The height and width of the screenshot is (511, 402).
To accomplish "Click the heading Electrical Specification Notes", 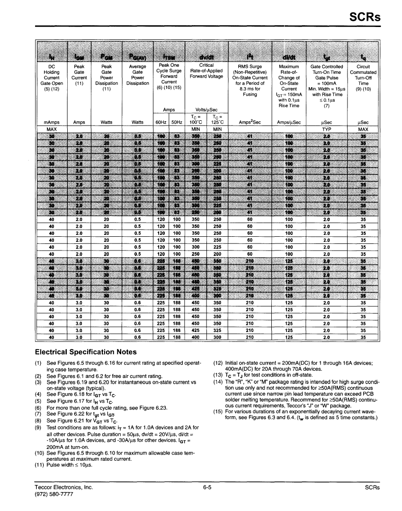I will point(86,352).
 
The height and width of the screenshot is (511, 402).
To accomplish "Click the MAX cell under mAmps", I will point(52,129).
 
